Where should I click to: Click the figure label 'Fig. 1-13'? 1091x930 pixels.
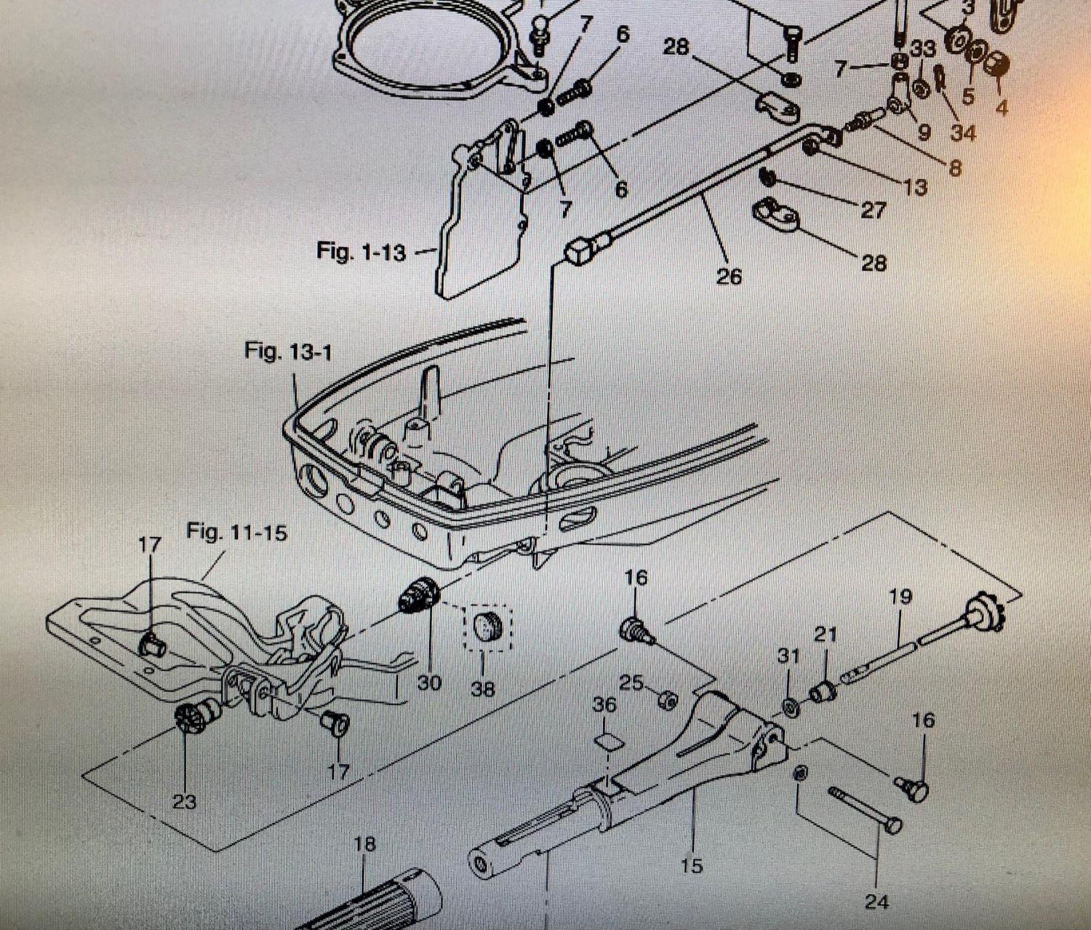[x=361, y=252]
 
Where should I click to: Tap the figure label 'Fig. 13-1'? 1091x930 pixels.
[x=288, y=351]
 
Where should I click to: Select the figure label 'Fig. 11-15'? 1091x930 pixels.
[x=236, y=532]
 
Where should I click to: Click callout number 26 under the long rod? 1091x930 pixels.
[x=729, y=276]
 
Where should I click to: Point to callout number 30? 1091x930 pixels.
[x=429, y=683]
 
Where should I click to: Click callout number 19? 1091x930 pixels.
[x=900, y=597]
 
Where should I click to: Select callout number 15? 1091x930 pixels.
[x=692, y=865]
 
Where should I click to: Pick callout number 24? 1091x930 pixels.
[x=876, y=902]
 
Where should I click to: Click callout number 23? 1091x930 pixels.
[x=184, y=801]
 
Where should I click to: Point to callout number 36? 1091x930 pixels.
[x=604, y=704]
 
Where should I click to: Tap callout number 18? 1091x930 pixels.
[x=364, y=843]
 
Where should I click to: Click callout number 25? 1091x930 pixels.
[x=631, y=683]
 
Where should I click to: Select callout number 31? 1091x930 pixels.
[x=788, y=656]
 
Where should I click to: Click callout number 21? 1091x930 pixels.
[x=826, y=635]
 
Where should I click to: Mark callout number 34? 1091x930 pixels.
[x=963, y=132]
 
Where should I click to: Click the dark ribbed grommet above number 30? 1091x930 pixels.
[x=419, y=595]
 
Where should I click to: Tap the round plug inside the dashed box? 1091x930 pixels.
[x=487, y=625]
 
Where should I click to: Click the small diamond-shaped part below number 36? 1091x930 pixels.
[x=608, y=742]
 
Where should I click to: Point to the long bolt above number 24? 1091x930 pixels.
[x=865, y=808]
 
